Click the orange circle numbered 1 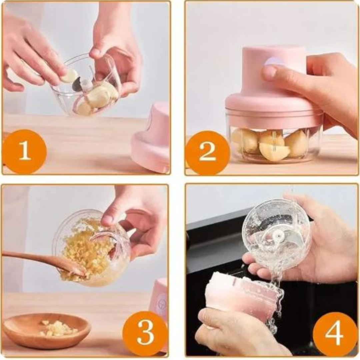(25, 152)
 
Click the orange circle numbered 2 (207, 153)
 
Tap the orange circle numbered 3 (145, 333)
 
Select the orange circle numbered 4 (335, 334)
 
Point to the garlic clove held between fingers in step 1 (70, 76)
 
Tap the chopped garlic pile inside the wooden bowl (58, 328)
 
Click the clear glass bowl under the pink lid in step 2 (273, 143)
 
